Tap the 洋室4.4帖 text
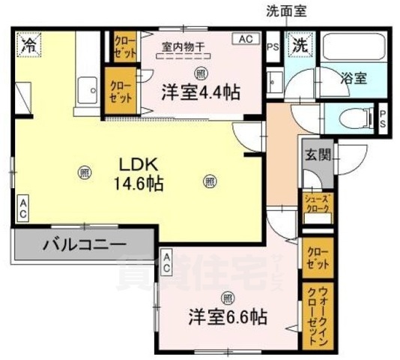click(x=200, y=92)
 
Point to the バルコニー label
click(x=84, y=244)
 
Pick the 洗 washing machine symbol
click(x=300, y=44)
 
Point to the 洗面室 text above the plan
click(x=287, y=11)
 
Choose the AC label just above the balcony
click(x=23, y=208)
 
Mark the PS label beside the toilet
click(x=383, y=118)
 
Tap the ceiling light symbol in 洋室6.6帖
click(x=225, y=295)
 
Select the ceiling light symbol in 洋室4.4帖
click(x=199, y=72)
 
